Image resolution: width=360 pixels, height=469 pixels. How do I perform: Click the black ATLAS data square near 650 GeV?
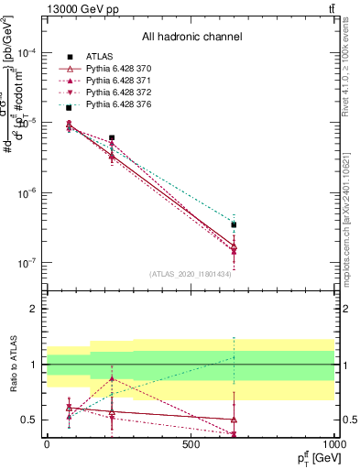tap(234, 224)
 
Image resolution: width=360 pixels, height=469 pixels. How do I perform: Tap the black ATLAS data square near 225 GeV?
tap(112, 137)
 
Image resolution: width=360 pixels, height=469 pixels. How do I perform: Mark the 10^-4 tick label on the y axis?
tap(27, 53)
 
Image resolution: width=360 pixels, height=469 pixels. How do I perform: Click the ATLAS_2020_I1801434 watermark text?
tap(191, 273)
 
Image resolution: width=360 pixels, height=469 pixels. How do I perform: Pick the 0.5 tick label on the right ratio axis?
tap(347, 420)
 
